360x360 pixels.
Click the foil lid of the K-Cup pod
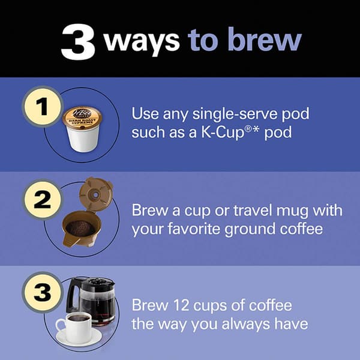pyautogui.click(x=81, y=118)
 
